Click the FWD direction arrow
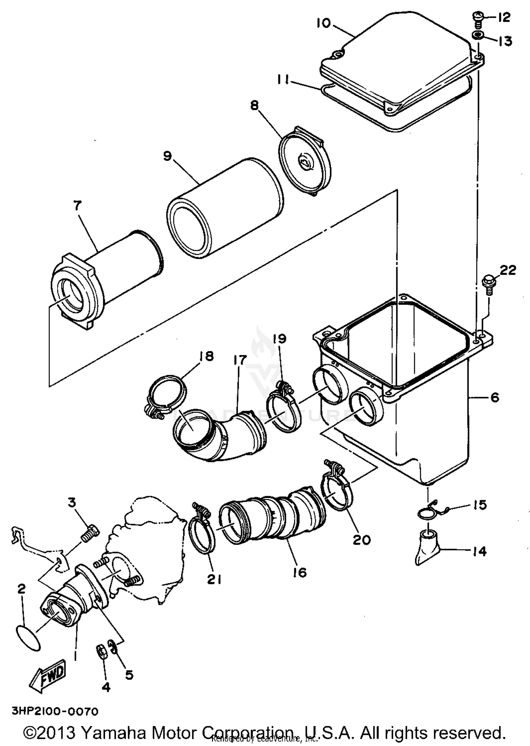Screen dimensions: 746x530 48,676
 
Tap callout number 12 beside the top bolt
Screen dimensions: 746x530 504,17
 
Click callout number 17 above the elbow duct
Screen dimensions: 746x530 239,360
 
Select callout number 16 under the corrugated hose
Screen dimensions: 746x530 300,572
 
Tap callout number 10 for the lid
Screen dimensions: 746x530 323,23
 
